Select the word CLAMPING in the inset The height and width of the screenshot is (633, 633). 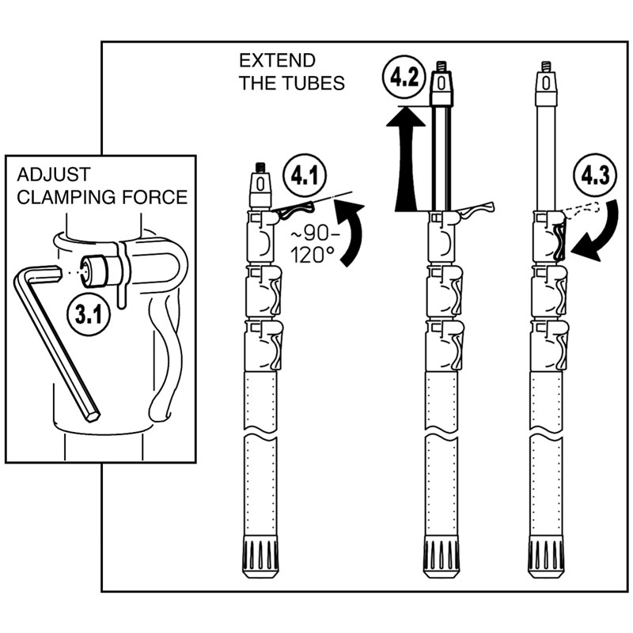63,196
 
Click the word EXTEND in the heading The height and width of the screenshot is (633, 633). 277,61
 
